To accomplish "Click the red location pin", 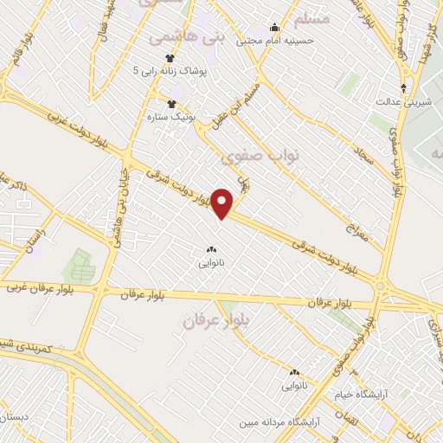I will [223, 203].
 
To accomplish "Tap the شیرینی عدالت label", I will [402, 100].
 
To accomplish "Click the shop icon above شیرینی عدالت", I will [403, 87].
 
